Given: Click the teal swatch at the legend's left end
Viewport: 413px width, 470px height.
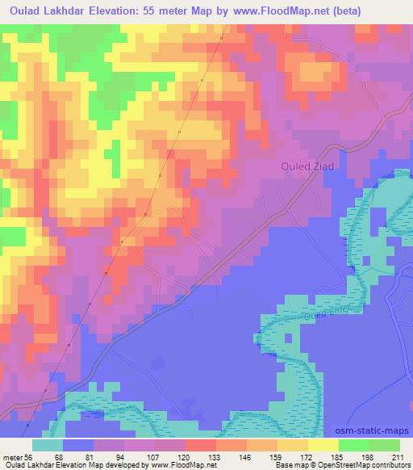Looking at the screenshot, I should tap(48, 445).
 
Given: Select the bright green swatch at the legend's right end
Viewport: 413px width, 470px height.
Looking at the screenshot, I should tap(386, 445).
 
